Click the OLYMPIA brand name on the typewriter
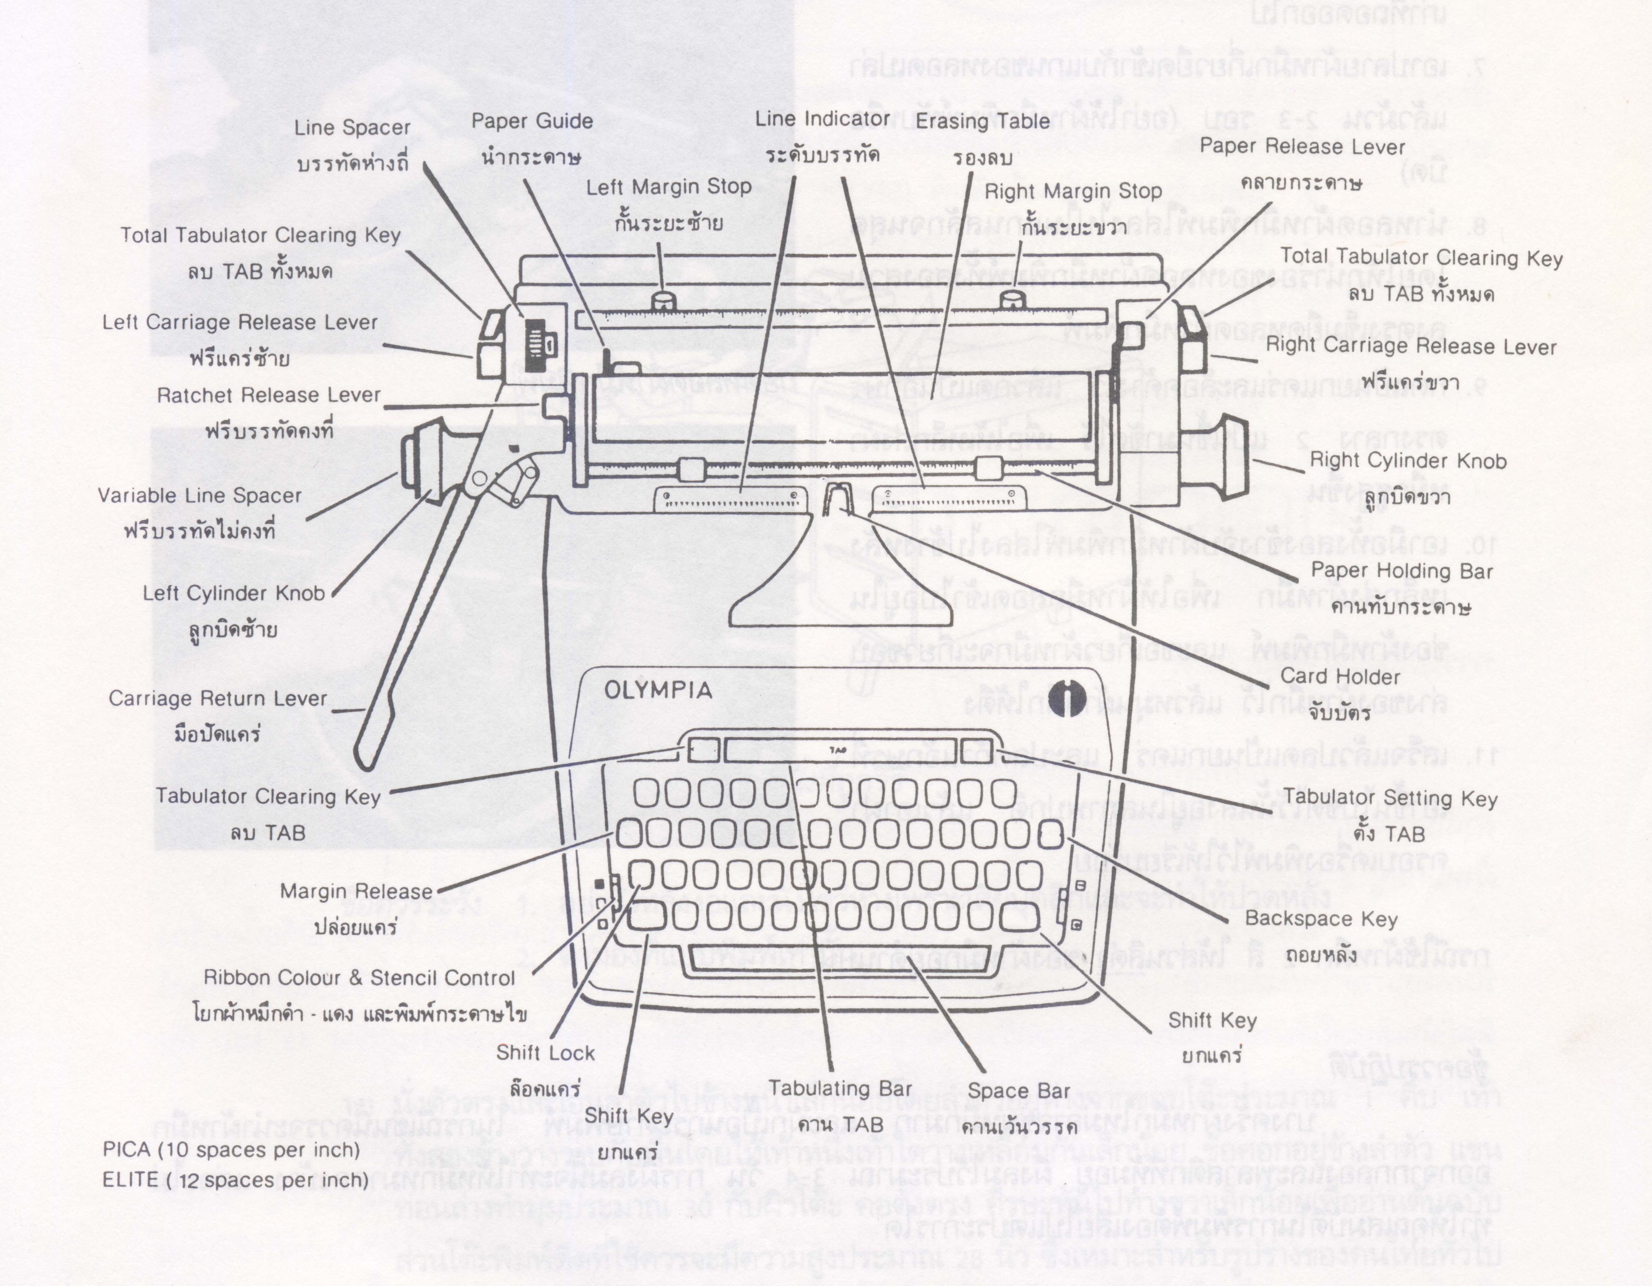tap(658, 691)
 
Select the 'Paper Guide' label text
tap(532, 121)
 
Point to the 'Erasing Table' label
tap(983, 121)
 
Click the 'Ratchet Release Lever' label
tap(268, 396)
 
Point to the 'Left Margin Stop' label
tap(669, 187)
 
